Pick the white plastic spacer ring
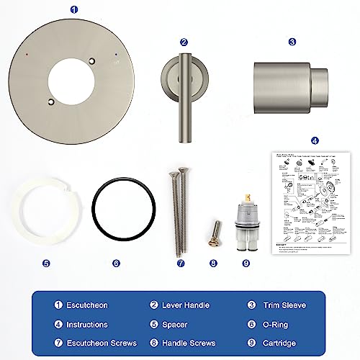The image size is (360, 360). (x=42, y=214)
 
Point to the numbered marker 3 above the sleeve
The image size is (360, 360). (x=292, y=42)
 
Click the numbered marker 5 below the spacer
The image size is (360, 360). (x=46, y=263)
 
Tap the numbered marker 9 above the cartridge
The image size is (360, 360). (x=246, y=263)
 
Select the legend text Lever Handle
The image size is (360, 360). (x=191, y=305)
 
